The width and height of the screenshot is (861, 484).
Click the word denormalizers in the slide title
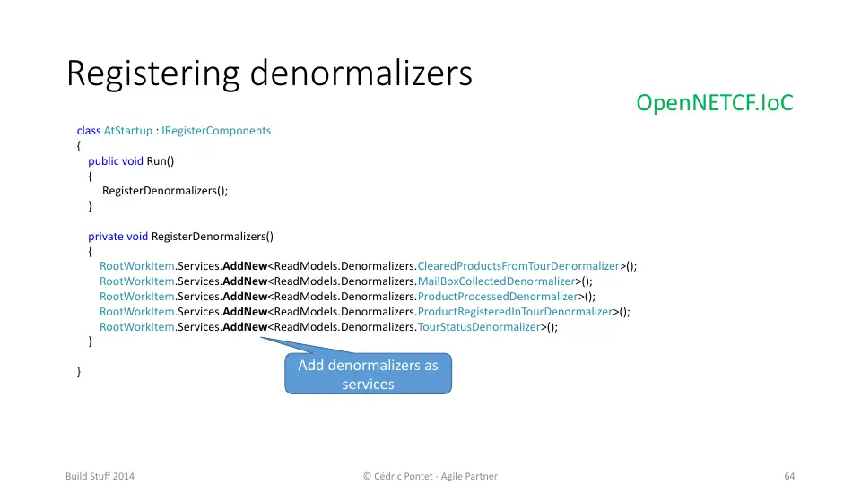361,73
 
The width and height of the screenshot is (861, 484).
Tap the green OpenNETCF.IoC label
715,102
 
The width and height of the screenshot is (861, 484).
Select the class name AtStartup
128,131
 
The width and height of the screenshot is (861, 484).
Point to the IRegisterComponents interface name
216,131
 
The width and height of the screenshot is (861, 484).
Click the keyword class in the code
89,131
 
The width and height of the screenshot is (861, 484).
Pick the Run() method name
161,161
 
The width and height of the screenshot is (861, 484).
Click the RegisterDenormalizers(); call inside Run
165,191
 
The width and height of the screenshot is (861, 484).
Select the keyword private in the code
106,237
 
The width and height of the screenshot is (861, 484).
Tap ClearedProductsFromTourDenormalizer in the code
518,266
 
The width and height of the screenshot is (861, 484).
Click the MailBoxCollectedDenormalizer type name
496,281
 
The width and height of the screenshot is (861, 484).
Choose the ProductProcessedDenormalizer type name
498,297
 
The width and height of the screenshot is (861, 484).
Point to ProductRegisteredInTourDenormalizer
515,312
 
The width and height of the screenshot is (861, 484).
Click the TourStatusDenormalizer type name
479,327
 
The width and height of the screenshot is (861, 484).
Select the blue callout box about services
368,374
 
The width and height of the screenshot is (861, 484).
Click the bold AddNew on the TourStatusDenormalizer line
245,327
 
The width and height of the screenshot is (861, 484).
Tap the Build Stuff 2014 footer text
100,476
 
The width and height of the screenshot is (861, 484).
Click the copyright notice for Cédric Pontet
430,476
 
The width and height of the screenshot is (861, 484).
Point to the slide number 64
789,476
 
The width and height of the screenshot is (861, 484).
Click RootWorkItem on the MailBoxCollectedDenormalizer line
136,281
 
